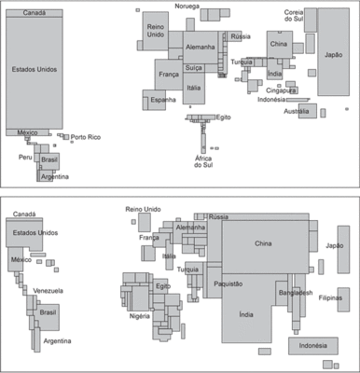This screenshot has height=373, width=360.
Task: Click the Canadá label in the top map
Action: tap(35, 13)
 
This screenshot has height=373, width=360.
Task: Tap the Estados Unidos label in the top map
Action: tap(35, 69)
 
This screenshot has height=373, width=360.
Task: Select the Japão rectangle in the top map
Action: tap(333, 51)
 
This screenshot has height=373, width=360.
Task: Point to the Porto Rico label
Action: tap(86, 137)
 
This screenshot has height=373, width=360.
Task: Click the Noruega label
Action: tap(187, 7)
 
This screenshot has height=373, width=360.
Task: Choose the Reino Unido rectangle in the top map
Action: tap(156, 31)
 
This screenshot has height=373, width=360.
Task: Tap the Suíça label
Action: tap(193, 68)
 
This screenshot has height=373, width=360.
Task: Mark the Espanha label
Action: tap(163, 100)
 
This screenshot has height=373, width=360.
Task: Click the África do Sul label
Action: tap(203, 161)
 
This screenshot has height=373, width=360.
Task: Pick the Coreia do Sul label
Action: tap(294, 16)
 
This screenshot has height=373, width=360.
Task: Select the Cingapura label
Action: tap(281, 90)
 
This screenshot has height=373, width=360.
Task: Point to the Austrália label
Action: tap(297, 111)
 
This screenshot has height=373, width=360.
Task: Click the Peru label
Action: tap(25, 157)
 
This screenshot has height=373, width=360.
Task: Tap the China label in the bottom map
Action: tap(263, 243)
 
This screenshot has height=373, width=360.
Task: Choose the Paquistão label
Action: tap(228, 283)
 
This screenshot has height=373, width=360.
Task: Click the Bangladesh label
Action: tap(296, 293)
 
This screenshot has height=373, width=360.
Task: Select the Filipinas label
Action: tap(330, 297)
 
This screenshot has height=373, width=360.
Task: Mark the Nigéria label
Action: tap(140, 316)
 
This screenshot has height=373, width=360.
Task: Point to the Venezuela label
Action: tap(48, 291)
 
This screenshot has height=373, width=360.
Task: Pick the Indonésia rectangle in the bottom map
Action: tap(313, 346)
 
